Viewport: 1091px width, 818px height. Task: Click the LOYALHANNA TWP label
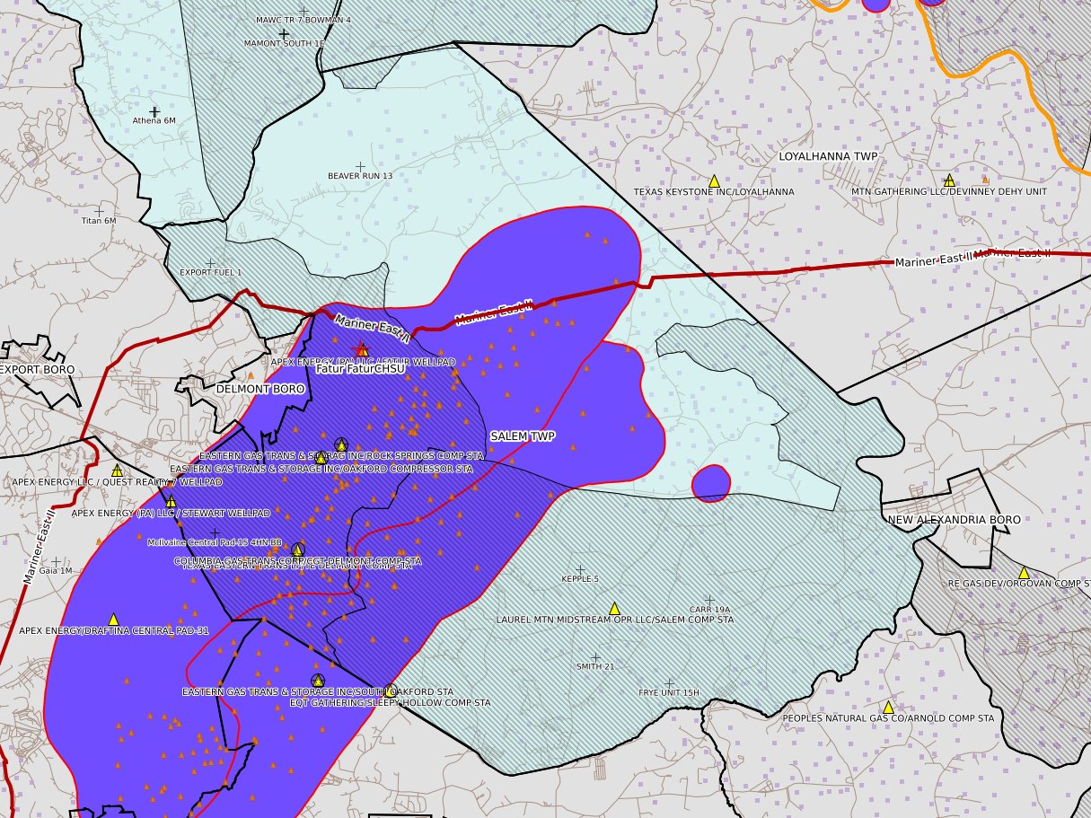(827, 156)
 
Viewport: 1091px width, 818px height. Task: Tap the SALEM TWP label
(523, 436)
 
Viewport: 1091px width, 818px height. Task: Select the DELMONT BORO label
(260, 389)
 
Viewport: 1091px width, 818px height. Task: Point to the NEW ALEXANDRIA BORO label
(954, 520)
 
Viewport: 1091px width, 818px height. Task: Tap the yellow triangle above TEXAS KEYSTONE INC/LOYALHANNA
(714, 180)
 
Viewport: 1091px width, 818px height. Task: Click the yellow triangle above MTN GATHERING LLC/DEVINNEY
(949, 180)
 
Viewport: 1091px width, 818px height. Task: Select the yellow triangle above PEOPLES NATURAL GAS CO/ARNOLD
(888, 707)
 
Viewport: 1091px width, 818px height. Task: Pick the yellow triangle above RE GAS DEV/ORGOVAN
(1023, 572)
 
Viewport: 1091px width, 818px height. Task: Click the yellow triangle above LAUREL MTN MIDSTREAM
(614, 608)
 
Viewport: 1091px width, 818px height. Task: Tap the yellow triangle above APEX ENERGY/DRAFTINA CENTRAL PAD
(113, 619)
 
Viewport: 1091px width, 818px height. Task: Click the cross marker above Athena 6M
(154, 112)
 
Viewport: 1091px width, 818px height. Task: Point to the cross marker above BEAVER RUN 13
(360, 166)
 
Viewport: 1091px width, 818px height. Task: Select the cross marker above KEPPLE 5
(580, 569)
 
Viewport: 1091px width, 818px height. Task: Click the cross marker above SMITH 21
(595, 657)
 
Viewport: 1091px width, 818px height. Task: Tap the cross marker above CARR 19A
(709, 600)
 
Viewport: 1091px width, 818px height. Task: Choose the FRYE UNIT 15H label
(668, 693)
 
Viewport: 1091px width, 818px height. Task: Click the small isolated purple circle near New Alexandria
(710, 483)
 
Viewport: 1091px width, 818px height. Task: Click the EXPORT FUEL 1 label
(210, 272)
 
